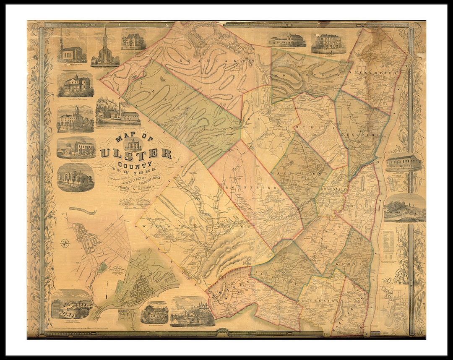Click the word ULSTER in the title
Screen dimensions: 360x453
pos(135,153)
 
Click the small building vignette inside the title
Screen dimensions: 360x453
pos(133,144)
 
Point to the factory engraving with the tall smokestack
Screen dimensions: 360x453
pos(118,112)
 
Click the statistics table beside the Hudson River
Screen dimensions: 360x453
pos(388,245)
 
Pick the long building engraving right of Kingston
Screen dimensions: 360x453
pos(404,162)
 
